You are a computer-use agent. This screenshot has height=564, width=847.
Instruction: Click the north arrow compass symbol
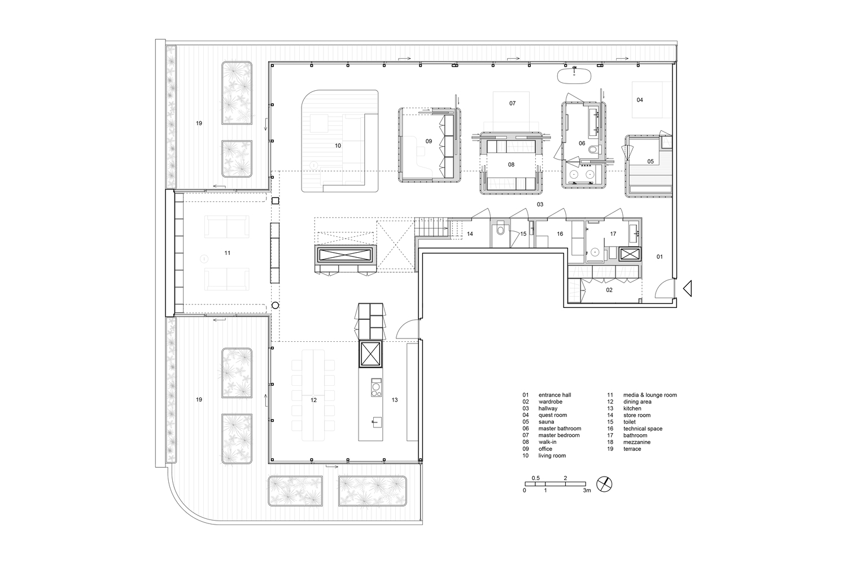tap(604, 483)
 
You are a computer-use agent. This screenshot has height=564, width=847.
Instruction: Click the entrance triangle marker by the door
tap(687, 289)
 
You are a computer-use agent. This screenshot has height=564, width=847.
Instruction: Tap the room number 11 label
tap(228, 253)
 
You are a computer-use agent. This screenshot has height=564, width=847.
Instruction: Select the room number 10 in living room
tap(338, 146)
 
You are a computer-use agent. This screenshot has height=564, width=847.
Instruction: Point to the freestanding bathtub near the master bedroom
tap(574, 74)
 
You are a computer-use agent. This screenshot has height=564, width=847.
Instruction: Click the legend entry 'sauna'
tap(546, 422)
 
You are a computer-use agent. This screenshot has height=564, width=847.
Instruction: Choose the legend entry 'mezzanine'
tap(636, 442)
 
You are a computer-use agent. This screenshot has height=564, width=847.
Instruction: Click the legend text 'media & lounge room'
tap(649, 395)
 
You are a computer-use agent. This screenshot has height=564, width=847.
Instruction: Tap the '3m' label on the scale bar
tap(587, 491)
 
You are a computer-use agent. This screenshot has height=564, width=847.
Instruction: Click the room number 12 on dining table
tap(313, 400)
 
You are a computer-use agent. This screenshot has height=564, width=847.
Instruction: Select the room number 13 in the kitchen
tap(395, 400)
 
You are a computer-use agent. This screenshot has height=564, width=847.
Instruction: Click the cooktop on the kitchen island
tap(375, 387)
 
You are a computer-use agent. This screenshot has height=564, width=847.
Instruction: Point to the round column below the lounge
tap(276, 305)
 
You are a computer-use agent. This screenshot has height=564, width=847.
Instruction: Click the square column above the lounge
tap(276, 201)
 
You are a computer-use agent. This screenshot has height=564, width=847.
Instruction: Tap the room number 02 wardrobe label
tap(609, 290)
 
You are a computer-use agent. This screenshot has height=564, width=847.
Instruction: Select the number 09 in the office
tap(429, 141)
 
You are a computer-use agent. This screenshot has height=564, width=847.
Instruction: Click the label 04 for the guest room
tap(640, 100)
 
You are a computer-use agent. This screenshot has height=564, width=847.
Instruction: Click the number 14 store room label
tap(469, 233)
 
